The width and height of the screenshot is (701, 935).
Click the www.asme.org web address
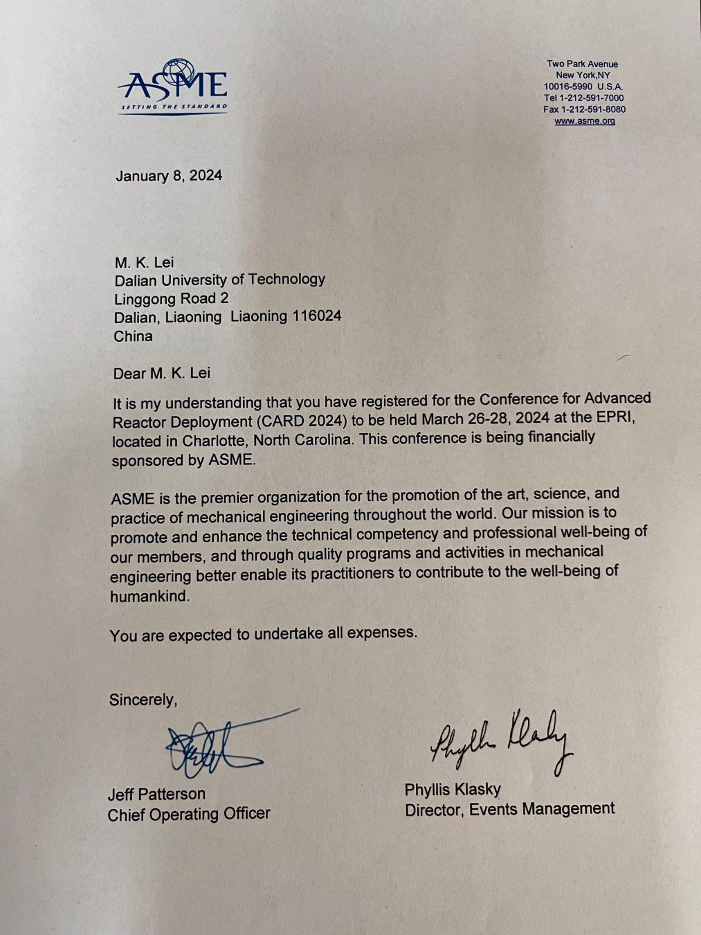coord(584,121)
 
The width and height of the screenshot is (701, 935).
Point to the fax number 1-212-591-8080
coord(593,109)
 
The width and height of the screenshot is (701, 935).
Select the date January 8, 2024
coord(169,175)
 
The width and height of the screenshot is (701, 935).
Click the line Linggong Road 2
coord(171,298)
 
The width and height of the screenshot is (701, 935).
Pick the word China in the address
coord(133,336)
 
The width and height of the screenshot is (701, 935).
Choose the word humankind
coord(150,596)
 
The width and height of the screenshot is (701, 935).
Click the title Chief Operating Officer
coord(189,813)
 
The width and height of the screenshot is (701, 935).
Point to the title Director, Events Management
coord(509,809)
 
